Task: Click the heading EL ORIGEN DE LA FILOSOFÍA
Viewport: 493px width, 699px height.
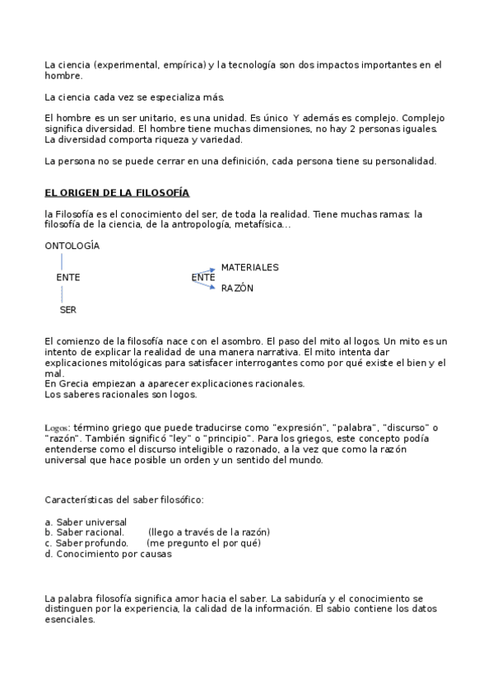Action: click(x=117, y=193)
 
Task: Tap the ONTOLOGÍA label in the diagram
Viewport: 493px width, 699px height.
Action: click(x=72, y=246)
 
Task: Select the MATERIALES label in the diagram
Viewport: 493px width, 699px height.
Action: click(x=249, y=267)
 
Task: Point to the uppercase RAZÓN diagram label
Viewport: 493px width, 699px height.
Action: click(x=237, y=289)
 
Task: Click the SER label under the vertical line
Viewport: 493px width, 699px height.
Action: click(x=68, y=310)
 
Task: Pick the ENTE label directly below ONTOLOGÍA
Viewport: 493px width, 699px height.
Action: click(x=68, y=278)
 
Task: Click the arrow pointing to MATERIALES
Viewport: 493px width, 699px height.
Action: click(x=208, y=270)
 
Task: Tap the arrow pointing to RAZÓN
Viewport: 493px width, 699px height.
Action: click(x=208, y=284)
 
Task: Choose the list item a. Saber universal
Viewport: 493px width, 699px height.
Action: click(x=86, y=522)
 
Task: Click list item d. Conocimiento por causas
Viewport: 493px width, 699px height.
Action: click(x=109, y=554)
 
